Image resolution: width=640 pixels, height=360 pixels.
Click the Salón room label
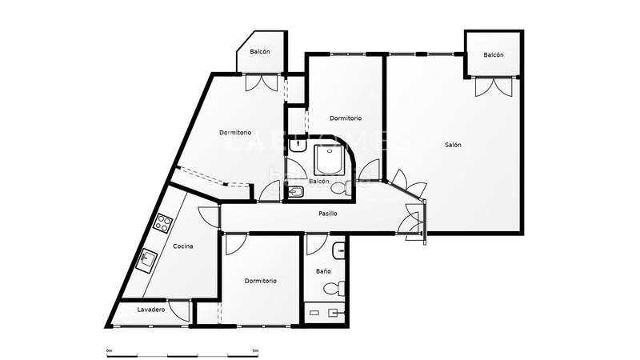[x=454, y=145]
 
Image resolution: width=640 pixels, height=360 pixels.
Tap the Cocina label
[x=182, y=246]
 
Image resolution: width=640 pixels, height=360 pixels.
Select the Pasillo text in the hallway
[x=327, y=214]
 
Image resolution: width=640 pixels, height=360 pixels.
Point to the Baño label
[x=323, y=272]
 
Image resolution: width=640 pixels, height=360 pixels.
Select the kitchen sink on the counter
[x=149, y=259]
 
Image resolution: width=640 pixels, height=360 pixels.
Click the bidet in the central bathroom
[x=295, y=191]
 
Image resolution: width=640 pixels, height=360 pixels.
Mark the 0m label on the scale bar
[x=110, y=350]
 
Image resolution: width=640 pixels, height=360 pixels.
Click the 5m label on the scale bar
[x=254, y=350]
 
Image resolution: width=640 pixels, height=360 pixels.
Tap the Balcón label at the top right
[x=494, y=55]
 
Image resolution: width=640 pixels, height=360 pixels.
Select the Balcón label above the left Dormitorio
[x=259, y=52]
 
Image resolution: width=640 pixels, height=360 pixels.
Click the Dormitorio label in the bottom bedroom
[x=261, y=281]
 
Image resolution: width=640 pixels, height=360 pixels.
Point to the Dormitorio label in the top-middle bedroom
[x=346, y=118]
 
